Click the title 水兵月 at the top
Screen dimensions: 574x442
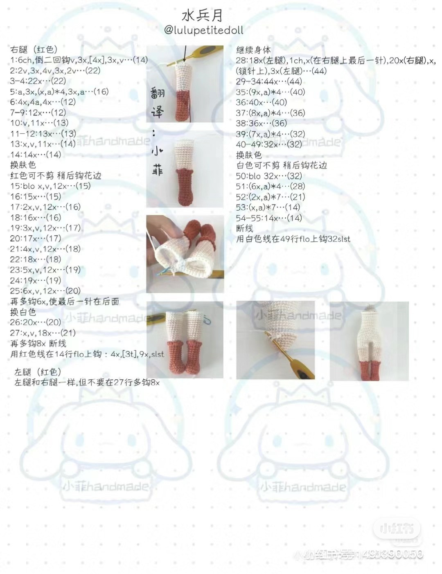(203, 16)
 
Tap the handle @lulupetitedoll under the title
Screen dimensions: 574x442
(203, 30)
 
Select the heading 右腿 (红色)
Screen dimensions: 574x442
(34, 50)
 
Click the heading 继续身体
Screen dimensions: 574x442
(253, 50)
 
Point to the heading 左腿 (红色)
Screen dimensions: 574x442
(38, 372)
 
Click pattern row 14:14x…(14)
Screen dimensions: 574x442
(36, 154)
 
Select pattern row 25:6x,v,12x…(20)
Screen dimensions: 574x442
(45, 290)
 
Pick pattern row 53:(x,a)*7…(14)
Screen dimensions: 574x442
(268, 207)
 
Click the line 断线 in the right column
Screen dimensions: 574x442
(244, 228)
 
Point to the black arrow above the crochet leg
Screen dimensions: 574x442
(185, 54)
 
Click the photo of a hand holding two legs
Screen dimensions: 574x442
(185, 254)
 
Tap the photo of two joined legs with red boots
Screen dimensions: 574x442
(185, 340)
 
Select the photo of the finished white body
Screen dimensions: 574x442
(369, 341)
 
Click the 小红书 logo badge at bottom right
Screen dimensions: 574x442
(393, 529)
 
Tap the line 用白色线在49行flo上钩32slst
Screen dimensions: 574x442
(293, 239)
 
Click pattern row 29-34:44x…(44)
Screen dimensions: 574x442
(268, 81)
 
